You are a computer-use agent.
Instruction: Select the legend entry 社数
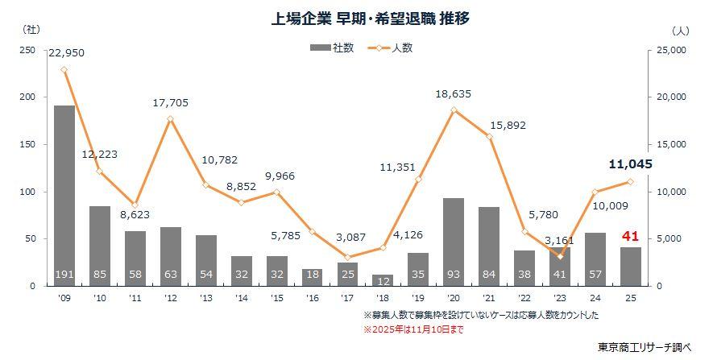pyautogui.click(x=332, y=48)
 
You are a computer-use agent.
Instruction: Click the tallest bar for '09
pyautogui.click(x=64, y=193)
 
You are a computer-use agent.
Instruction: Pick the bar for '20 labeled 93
pyautogui.click(x=454, y=242)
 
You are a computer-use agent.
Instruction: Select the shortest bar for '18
pyautogui.click(x=383, y=280)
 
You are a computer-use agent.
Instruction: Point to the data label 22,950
pyautogui.click(x=66, y=53)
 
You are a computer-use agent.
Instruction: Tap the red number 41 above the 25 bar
pyautogui.click(x=632, y=235)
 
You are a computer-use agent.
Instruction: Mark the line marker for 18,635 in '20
pyautogui.click(x=454, y=110)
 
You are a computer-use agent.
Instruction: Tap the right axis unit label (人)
pyautogui.click(x=679, y=30)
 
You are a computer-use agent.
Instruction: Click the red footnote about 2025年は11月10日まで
pyautogui.click(x=413, y=329)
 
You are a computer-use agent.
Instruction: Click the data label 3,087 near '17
pyautogui.click(x=347, y=238)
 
